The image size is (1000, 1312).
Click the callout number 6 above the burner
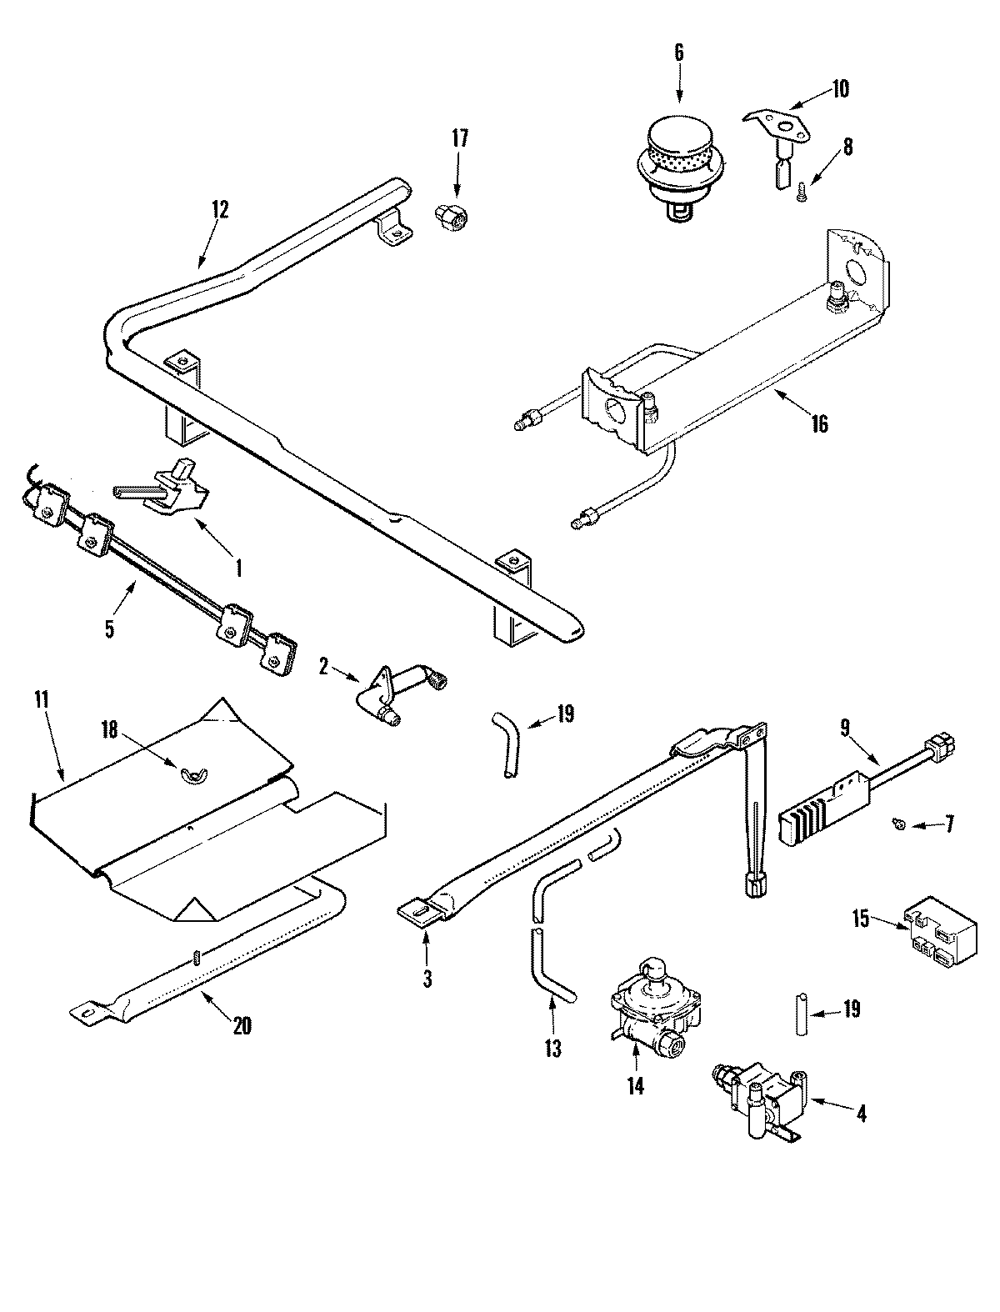677,52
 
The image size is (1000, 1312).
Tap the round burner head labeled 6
678,152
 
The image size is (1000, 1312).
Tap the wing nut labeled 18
192,778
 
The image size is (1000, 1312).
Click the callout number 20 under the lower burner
241,1027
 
